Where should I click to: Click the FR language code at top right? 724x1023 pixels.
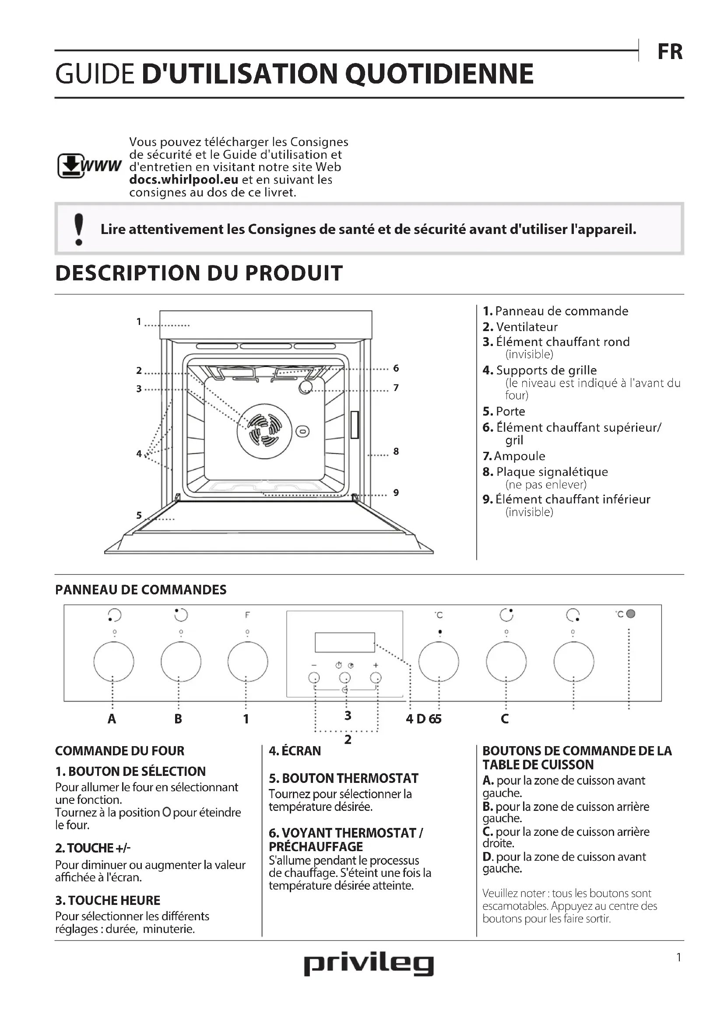[670, 52]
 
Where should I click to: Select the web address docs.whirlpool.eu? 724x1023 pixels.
[184, 180]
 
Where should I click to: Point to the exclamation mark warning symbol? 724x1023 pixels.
[79, 230]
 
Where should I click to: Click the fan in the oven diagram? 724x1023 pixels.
[264, 431]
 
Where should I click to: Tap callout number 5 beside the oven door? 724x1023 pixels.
[139, 516]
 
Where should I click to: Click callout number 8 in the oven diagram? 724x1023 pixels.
[396, 451]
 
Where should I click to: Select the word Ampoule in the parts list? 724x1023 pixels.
[520, 456]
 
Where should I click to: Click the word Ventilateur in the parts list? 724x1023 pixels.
[527, 327]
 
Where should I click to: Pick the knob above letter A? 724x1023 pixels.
[114, 662]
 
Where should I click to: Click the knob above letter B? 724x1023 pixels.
[180, 662]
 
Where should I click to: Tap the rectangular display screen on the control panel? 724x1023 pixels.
[344, 642]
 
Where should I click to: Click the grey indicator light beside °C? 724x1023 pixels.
[630, 614]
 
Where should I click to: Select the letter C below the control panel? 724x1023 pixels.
[505, 719]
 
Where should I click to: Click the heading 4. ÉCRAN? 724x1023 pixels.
[295, 751]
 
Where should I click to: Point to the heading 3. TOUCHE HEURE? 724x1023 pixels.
[107, 901]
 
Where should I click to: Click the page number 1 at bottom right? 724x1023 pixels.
[678, 957]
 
